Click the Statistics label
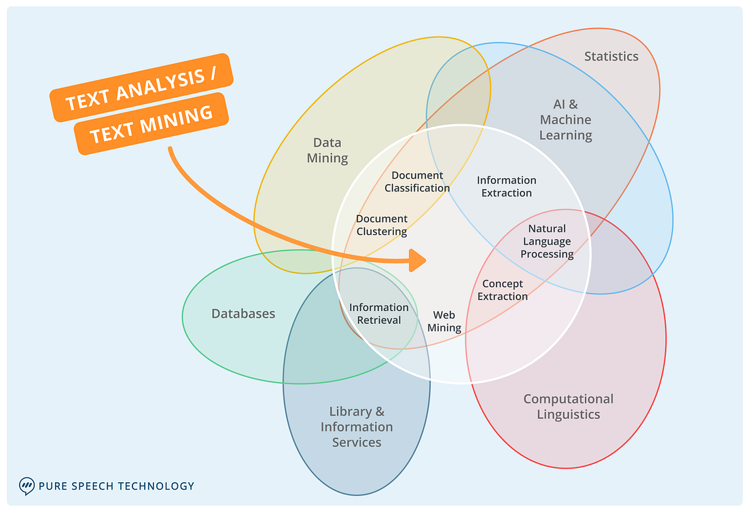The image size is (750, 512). point(611,56)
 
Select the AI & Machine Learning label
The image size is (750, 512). point(566,120)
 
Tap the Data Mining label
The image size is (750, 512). point(327,151)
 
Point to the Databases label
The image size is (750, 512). point(243,314)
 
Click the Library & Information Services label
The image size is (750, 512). point(357,427)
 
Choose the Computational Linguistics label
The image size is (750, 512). point(568,407)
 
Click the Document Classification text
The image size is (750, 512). point(417,182)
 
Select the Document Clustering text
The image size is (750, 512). point(382,225)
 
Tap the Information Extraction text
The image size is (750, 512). point(506,187)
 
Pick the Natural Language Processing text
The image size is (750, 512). point(547,242)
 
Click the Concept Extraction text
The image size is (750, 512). point(503,290)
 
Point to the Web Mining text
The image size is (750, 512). point(444,322)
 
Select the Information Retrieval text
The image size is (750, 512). point(379,314)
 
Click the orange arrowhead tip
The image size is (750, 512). point(424,259)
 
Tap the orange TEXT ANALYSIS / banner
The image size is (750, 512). point(141,88)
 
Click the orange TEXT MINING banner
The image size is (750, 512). point(151,124)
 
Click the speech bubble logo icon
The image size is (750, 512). point(26,486)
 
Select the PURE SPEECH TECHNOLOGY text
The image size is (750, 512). point(116,486)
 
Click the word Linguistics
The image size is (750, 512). point(568,414)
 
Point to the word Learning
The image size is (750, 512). point(566,135)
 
